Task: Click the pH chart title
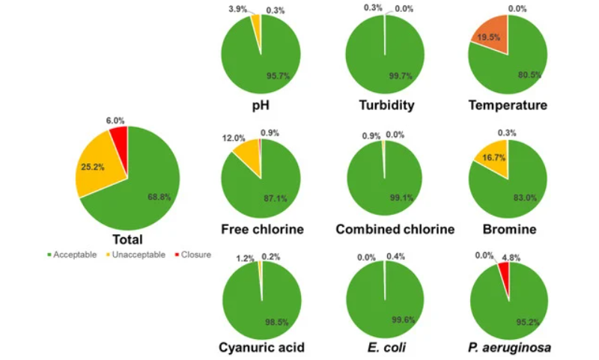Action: click(261, 105)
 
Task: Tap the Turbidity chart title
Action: click(384, 105)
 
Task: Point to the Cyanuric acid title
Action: click(261, 347)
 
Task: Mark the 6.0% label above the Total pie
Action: click(115, 120)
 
